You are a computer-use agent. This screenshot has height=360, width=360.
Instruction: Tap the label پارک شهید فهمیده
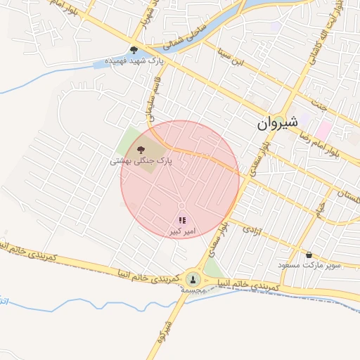coord(134,61)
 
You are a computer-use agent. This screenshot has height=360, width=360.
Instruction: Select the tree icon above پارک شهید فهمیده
coord(134,50)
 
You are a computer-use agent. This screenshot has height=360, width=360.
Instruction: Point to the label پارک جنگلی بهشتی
coord(141,161)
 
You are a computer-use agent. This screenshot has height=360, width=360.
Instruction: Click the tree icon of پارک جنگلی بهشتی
coord(141,148)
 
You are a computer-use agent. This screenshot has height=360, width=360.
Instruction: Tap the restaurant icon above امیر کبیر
coord(183,220)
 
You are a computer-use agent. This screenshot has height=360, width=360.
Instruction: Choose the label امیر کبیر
coord(182,231)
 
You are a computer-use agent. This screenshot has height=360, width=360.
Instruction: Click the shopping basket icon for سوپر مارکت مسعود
coord(309,255)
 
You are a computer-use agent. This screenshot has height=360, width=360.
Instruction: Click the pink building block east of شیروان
coord(323,129)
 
